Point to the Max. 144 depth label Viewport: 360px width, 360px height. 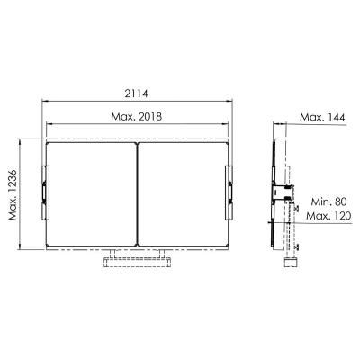click(x=323, y=118)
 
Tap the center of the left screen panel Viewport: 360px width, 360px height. click(x=91, y=193)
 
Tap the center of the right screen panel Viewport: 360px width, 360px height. click(x=182, y=193)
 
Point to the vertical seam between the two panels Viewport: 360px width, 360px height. click(x=137, y=193)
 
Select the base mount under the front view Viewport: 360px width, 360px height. click(x=137, y=262)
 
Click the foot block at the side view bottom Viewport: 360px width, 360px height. click(x=291, y=263)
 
